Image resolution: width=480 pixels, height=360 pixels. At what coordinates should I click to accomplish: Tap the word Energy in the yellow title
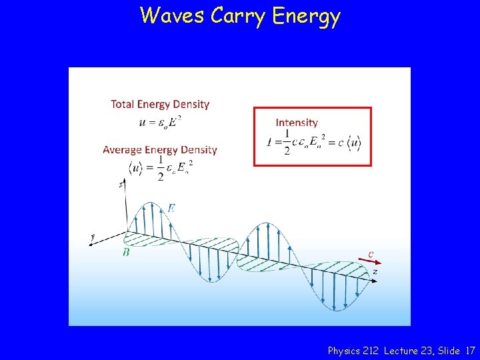click(306, 17)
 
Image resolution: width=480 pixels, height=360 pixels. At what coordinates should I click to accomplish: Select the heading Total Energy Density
click(160, 104)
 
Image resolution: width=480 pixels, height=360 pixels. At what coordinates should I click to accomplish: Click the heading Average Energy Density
click(160, 149)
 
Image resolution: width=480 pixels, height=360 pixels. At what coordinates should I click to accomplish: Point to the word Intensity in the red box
click(297, 122)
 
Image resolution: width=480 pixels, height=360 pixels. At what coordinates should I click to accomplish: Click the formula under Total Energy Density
click(160, 121)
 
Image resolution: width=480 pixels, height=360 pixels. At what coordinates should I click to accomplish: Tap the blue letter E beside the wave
click(171, 209)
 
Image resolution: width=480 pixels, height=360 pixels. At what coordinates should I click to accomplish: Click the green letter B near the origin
click(126, 252)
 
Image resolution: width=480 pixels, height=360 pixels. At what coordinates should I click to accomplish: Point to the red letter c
click(371, 253)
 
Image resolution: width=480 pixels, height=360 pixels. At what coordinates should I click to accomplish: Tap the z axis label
click(375, 271)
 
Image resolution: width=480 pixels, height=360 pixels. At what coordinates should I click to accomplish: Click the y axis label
click(94, 237)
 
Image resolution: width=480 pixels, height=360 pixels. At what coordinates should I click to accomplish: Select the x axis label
click(121, 184)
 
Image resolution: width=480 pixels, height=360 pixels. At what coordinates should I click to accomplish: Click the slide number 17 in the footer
click(471, 350)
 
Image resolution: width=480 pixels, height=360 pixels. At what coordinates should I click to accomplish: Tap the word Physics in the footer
click(344, 350)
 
